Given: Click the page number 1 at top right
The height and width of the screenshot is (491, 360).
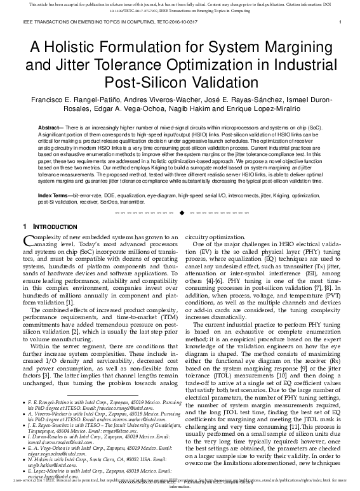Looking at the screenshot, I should pos(341,23).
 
